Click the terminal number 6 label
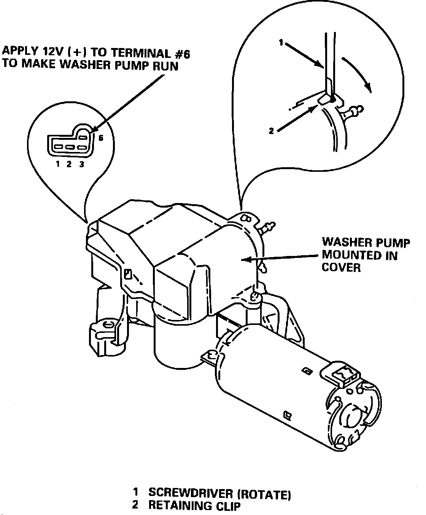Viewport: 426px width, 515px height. click(101, 138)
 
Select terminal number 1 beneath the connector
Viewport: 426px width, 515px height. click(58, 165)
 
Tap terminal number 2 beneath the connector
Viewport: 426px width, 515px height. click(69, 165)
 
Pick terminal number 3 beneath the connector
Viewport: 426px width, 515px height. click(81, 165)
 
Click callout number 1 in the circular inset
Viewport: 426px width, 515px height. click(281, 43)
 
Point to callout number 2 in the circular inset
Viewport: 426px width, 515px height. click(271, 131)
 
